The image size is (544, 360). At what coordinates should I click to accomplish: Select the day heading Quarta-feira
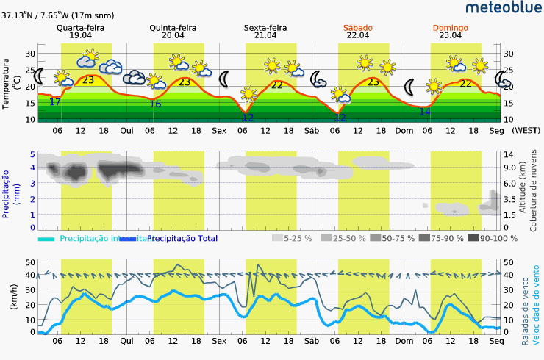pyautogui.click(x=80, y=28)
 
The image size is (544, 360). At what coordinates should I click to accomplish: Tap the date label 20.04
pyautogui.click(x=172, y=35)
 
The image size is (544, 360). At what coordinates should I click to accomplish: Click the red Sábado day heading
pyautogui.click(x=357, y=28)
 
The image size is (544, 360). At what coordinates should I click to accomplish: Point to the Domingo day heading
pyautogui.click(x=450, y=28)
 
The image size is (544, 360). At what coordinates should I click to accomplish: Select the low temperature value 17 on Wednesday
pyautogui.click(x=54, y=101)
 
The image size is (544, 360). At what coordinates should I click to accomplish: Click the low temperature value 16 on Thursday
pyautogui.click(x=155, y=104)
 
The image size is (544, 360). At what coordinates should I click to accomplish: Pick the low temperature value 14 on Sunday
pyautogui.click(x=424, y=112)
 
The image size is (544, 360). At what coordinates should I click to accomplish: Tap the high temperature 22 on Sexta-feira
pyautogui.click(x=276, y=85)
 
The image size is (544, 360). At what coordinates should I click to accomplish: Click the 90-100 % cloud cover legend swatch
pyautogui.click(x=473, y=238)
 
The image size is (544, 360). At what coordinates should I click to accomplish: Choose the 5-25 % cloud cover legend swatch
pyautogui.click(x=277, y=238)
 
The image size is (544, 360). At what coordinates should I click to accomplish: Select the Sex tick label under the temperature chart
pyautogui.click(x=219, y=131)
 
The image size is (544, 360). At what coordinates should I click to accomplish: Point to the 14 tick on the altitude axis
pyautogui.click(x=508, y=154)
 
